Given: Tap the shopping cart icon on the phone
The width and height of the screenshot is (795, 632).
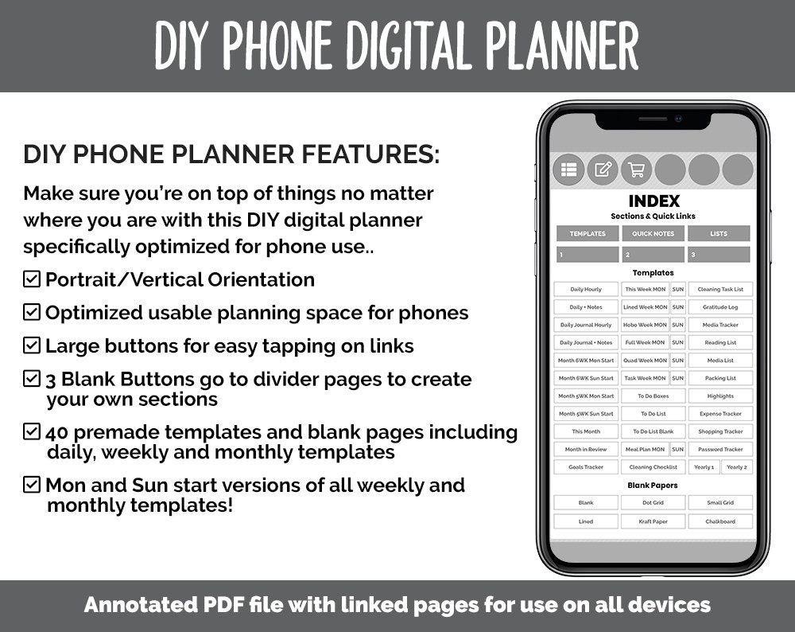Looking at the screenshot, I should tap(636, 170).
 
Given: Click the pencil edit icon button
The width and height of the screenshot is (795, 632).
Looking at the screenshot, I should tap(603, 170).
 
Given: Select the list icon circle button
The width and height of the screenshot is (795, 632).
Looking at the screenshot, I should tap(568, 170).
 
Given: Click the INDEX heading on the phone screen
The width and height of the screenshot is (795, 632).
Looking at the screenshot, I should tap(653, 201).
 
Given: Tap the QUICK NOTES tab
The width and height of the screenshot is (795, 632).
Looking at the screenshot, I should tap(653, 234).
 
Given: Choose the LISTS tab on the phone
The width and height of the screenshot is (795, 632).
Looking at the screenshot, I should tap(719, 234).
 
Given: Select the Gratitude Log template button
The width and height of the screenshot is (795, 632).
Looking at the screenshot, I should tap(720, 307).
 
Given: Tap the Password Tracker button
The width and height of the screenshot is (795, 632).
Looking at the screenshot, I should tap(720, 450).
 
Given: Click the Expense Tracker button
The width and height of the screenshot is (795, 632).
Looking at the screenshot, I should tap(720, 414).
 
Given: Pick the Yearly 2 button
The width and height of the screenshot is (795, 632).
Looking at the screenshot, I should tap(736, 467).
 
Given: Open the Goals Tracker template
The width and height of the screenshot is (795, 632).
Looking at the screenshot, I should tap(586, 467).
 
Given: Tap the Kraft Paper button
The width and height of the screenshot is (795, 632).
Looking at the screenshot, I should tap(653, 522).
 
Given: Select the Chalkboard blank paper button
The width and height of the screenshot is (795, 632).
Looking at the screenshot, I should tap(720, 522).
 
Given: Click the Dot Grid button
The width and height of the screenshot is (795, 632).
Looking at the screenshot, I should tap(653, 503).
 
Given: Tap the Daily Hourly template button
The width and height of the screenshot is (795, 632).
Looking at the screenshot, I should tap(586, 289).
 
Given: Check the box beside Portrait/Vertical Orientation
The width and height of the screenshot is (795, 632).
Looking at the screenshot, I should tap(32, 279).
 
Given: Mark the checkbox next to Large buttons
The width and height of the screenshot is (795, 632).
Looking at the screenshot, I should tap(32, 345).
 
